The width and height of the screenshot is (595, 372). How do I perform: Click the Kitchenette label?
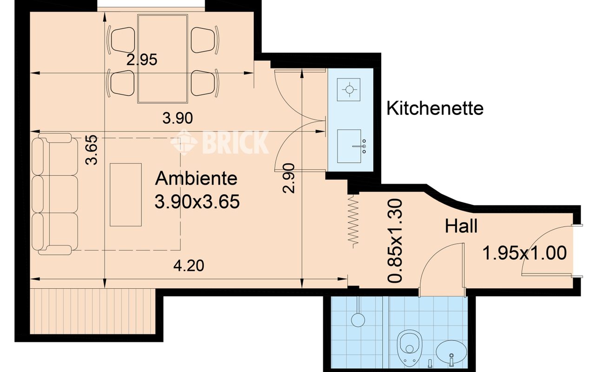point(435,108)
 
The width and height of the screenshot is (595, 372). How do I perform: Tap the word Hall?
point(461,226)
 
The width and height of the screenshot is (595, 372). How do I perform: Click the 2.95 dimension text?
point(142,60)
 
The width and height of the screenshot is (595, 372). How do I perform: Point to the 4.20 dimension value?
point(189,266)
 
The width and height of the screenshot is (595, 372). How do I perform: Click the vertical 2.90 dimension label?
point(289,178)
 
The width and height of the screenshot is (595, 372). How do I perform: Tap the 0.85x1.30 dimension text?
point(395,241)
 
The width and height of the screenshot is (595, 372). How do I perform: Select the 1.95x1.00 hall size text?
point(524,253)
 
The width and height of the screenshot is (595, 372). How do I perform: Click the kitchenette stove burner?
point(349,90)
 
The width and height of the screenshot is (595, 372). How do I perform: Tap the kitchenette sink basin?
point(349,146)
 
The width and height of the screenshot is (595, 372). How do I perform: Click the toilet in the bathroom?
point(410,348)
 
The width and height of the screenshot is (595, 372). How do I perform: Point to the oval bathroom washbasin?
point(451,352)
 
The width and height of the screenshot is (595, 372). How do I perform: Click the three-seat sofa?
point(55,194)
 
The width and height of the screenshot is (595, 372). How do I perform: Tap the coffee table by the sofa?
point(126,195)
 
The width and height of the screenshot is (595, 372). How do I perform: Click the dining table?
point(163,59)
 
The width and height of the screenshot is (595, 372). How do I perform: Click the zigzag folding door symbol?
point(353,221)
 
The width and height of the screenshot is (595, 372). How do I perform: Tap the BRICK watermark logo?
point(219,142)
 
